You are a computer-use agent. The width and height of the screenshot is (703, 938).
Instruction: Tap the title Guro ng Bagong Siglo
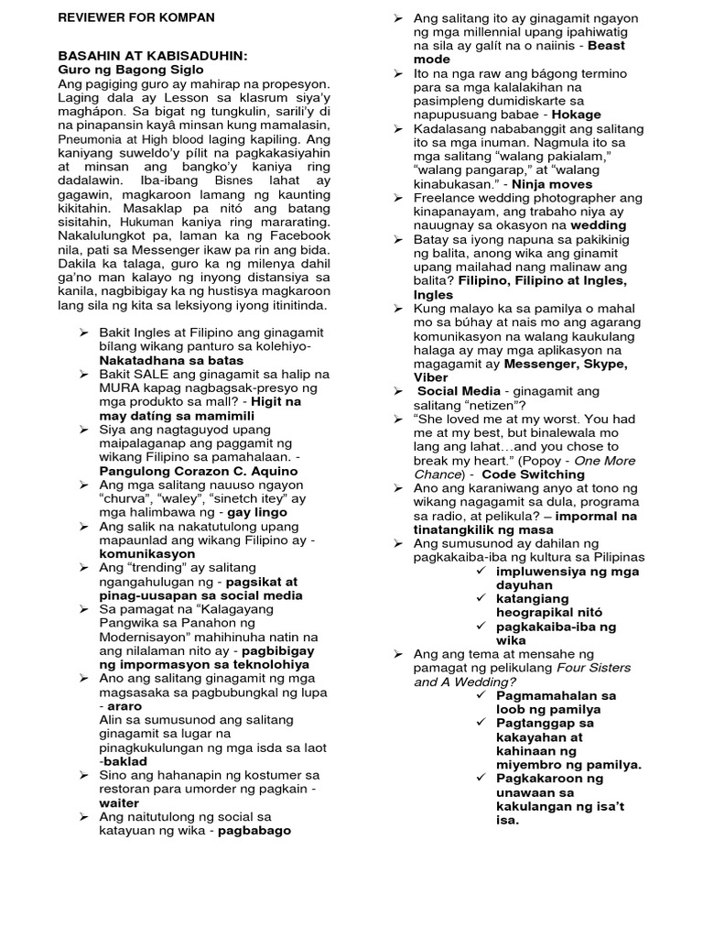tap(132, 70)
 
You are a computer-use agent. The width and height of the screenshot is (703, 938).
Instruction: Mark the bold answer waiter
tap(119, 802)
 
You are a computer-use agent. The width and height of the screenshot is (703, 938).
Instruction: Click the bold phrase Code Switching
tap(535, 474)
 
